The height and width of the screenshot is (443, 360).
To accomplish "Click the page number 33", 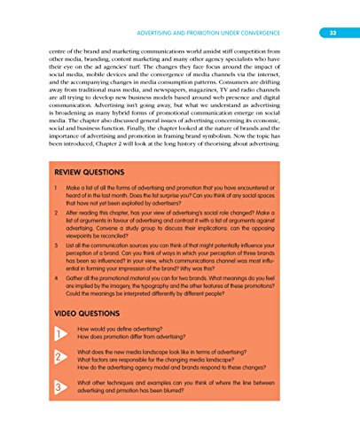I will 331,10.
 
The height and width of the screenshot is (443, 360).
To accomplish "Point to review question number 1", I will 56,189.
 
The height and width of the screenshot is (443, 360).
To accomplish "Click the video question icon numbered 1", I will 59,333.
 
